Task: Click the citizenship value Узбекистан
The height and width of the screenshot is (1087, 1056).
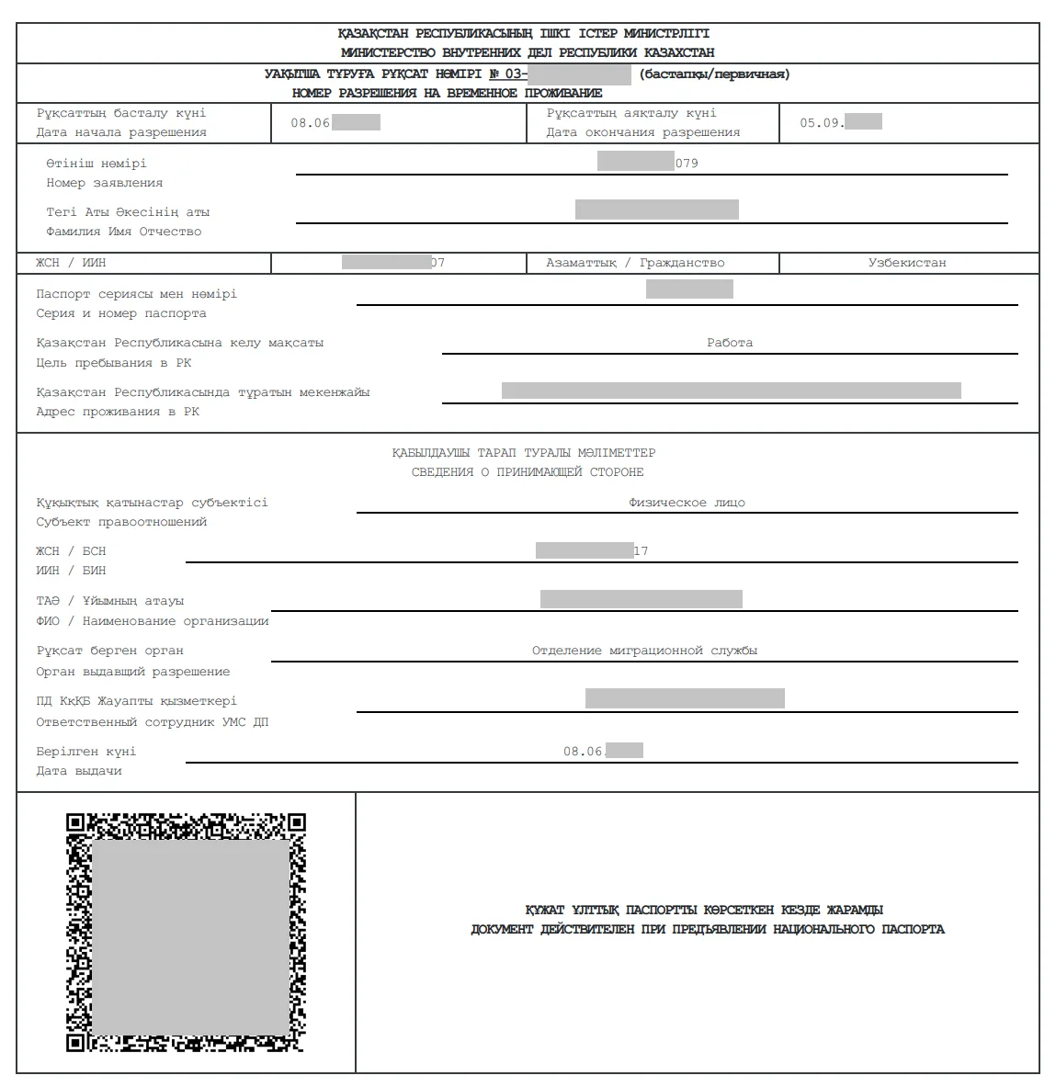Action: [906, 263]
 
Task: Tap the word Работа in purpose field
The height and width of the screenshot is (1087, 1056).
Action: [730, 343]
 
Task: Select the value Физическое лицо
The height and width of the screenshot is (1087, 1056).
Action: [687, 503]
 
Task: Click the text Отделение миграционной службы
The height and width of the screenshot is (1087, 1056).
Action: [644, 651]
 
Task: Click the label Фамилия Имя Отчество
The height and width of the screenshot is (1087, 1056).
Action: [123, 232]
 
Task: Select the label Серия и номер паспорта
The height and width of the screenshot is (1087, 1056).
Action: [121, 313]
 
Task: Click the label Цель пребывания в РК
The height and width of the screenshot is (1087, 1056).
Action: [114, 363]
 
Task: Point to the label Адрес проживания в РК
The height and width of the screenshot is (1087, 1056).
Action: [118, 412]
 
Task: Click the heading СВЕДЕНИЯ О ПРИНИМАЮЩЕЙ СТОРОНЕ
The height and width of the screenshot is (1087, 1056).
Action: [528, 472]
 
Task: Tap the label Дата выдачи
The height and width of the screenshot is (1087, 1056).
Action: [79, 771]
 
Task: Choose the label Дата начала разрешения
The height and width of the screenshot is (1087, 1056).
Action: [121, 132]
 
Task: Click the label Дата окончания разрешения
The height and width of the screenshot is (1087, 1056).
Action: [642, 132]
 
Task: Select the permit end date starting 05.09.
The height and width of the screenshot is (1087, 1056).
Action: [839, 122]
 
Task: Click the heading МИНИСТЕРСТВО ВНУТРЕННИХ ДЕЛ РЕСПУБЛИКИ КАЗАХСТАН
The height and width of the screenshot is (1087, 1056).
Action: [528, 53]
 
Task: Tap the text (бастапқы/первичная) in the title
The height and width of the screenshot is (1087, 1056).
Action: [714, 74]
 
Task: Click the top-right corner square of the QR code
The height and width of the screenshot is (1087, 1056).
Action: [296, 822]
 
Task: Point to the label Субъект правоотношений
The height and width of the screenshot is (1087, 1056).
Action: [121, 522]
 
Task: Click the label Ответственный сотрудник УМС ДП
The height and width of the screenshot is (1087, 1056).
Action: [153, 722]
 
